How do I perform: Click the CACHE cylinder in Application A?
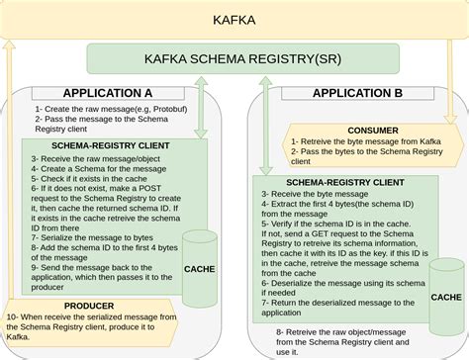pos(199,260)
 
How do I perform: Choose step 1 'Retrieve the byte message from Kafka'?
pos(365,140)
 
